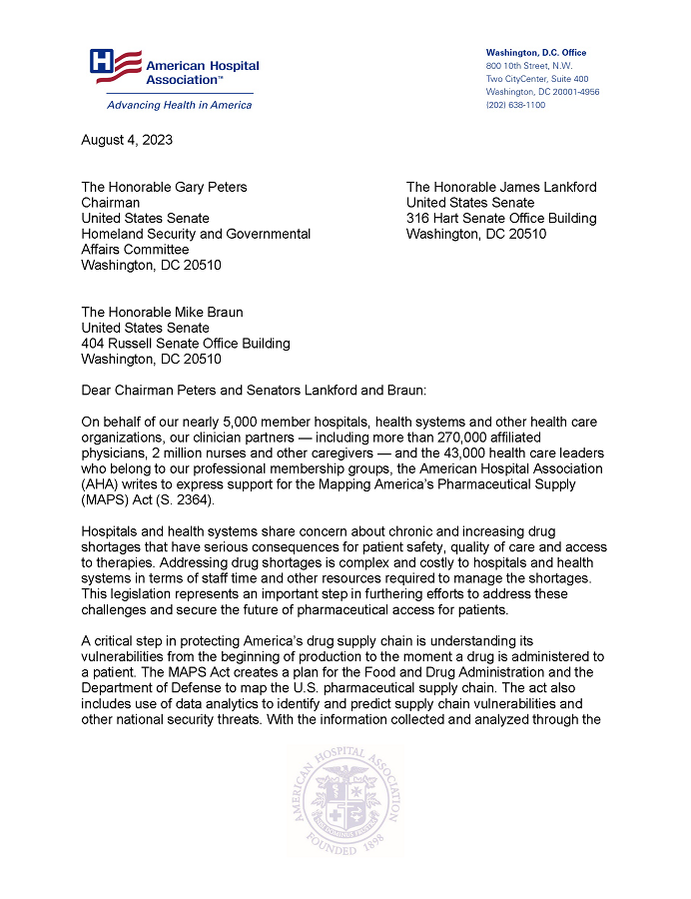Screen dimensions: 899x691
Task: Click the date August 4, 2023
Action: (126, 140)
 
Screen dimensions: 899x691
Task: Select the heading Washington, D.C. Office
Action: (536, 52)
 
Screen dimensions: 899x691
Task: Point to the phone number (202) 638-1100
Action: (515, 105)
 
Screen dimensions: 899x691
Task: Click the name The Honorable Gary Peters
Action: (164, 187)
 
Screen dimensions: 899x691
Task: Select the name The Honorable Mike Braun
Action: (161, 313)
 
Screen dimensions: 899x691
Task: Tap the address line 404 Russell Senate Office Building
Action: (186, 344)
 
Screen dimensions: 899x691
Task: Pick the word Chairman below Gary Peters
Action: (110, 203)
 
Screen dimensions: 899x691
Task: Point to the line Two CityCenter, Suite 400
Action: (537, 79)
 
